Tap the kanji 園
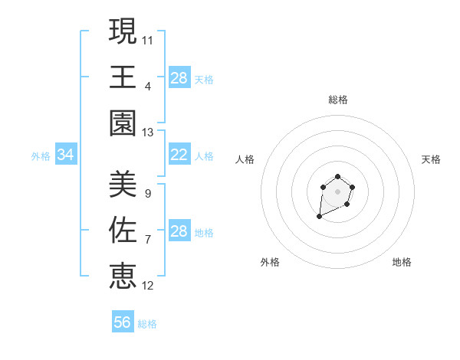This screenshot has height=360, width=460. [x=123, y=123]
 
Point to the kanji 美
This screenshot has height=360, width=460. [x=123, y=184]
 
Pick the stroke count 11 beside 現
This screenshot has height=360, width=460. [x=148, y=38]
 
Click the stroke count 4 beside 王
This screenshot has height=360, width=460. [x=148, y=85]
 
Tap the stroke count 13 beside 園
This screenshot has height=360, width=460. [x=148, y=132]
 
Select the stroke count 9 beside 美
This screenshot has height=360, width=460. [x=147, y=193]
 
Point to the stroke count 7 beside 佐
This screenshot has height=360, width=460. [x=147, y=240]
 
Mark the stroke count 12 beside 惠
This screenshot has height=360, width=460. [x=148, y=286]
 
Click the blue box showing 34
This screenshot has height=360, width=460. [x=66, y=155]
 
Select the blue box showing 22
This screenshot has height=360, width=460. [x=179, y=155]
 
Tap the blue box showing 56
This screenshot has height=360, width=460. [x=123, y=322]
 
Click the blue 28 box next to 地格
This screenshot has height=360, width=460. [x=179, y=231]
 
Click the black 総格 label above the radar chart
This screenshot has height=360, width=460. [x=338, y=100]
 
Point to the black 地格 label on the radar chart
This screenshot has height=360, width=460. [x=402, y=262]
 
